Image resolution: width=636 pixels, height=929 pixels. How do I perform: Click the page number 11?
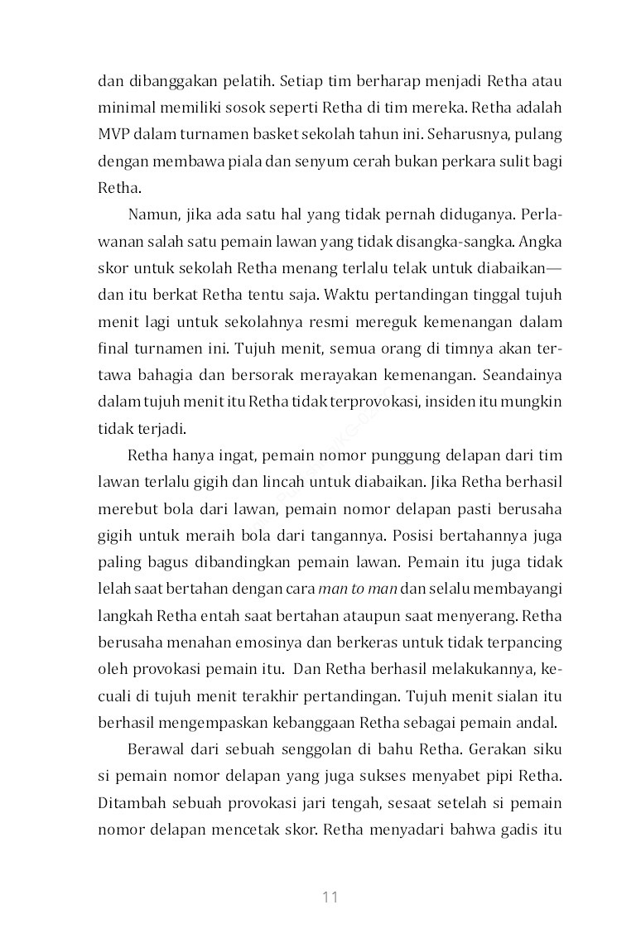coord(330,898)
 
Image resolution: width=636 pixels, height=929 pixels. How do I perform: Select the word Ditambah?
coord(129,803)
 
